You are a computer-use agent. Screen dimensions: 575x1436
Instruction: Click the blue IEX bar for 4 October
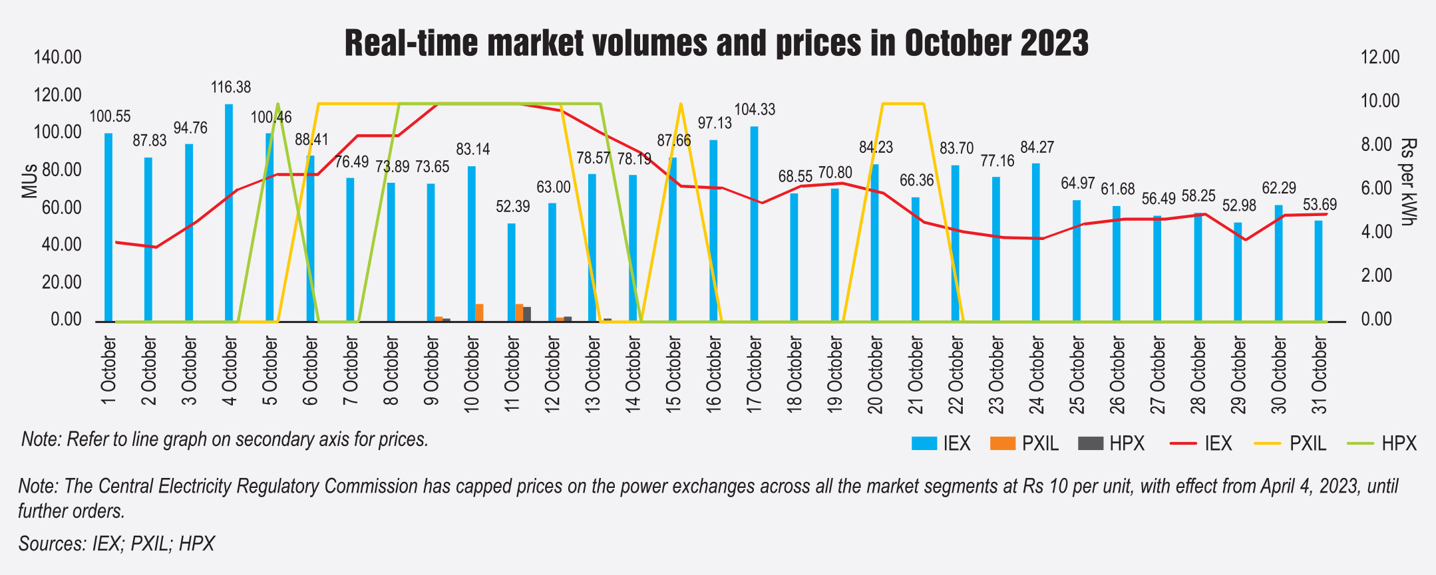[229, 213]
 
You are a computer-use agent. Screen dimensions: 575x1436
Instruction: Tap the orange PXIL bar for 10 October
[479, 312]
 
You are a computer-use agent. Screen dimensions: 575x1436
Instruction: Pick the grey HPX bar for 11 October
[527, 314]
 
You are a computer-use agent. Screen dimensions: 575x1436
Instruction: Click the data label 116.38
[231, 87]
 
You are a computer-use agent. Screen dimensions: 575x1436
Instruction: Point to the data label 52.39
[513, 207]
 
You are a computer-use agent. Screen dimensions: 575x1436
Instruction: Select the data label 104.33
[755, 110]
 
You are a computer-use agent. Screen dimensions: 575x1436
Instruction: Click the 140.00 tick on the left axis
[58, 58]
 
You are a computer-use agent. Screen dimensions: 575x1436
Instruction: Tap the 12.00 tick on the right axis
[1380, 58]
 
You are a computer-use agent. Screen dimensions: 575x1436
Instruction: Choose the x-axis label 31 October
[1320, 374]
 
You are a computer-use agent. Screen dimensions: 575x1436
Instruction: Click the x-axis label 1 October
[109, 370]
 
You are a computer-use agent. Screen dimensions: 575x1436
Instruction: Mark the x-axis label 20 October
[876, 374]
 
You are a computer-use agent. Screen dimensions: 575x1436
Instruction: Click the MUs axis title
[29, 181]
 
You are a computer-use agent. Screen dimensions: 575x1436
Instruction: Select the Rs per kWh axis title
[1408, 181]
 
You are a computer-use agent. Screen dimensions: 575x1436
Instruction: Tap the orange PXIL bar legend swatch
[1003, 443]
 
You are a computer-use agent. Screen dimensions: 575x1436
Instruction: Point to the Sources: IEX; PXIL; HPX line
[117, 544]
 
